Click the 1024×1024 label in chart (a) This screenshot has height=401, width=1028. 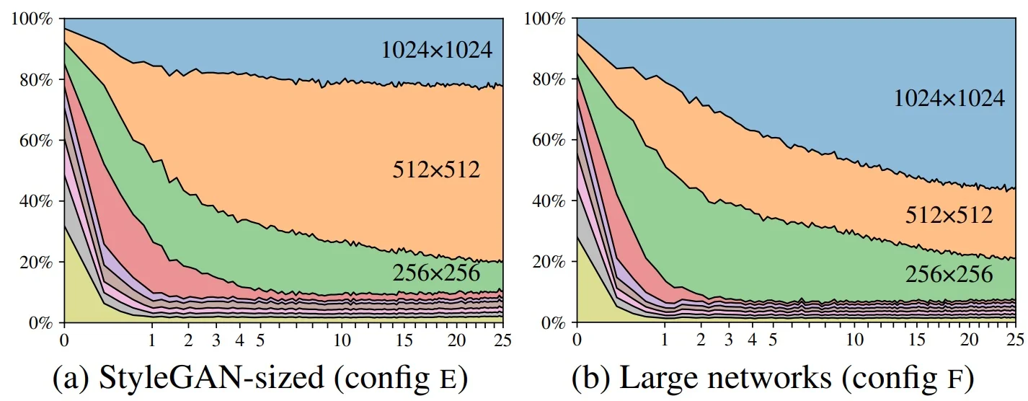437,50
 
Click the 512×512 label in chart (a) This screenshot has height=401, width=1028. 436,169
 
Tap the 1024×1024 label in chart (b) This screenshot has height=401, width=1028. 949,99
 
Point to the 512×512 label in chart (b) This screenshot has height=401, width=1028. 949,215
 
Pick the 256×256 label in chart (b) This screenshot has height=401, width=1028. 949,273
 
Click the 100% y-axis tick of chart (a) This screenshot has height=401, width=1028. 32,18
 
